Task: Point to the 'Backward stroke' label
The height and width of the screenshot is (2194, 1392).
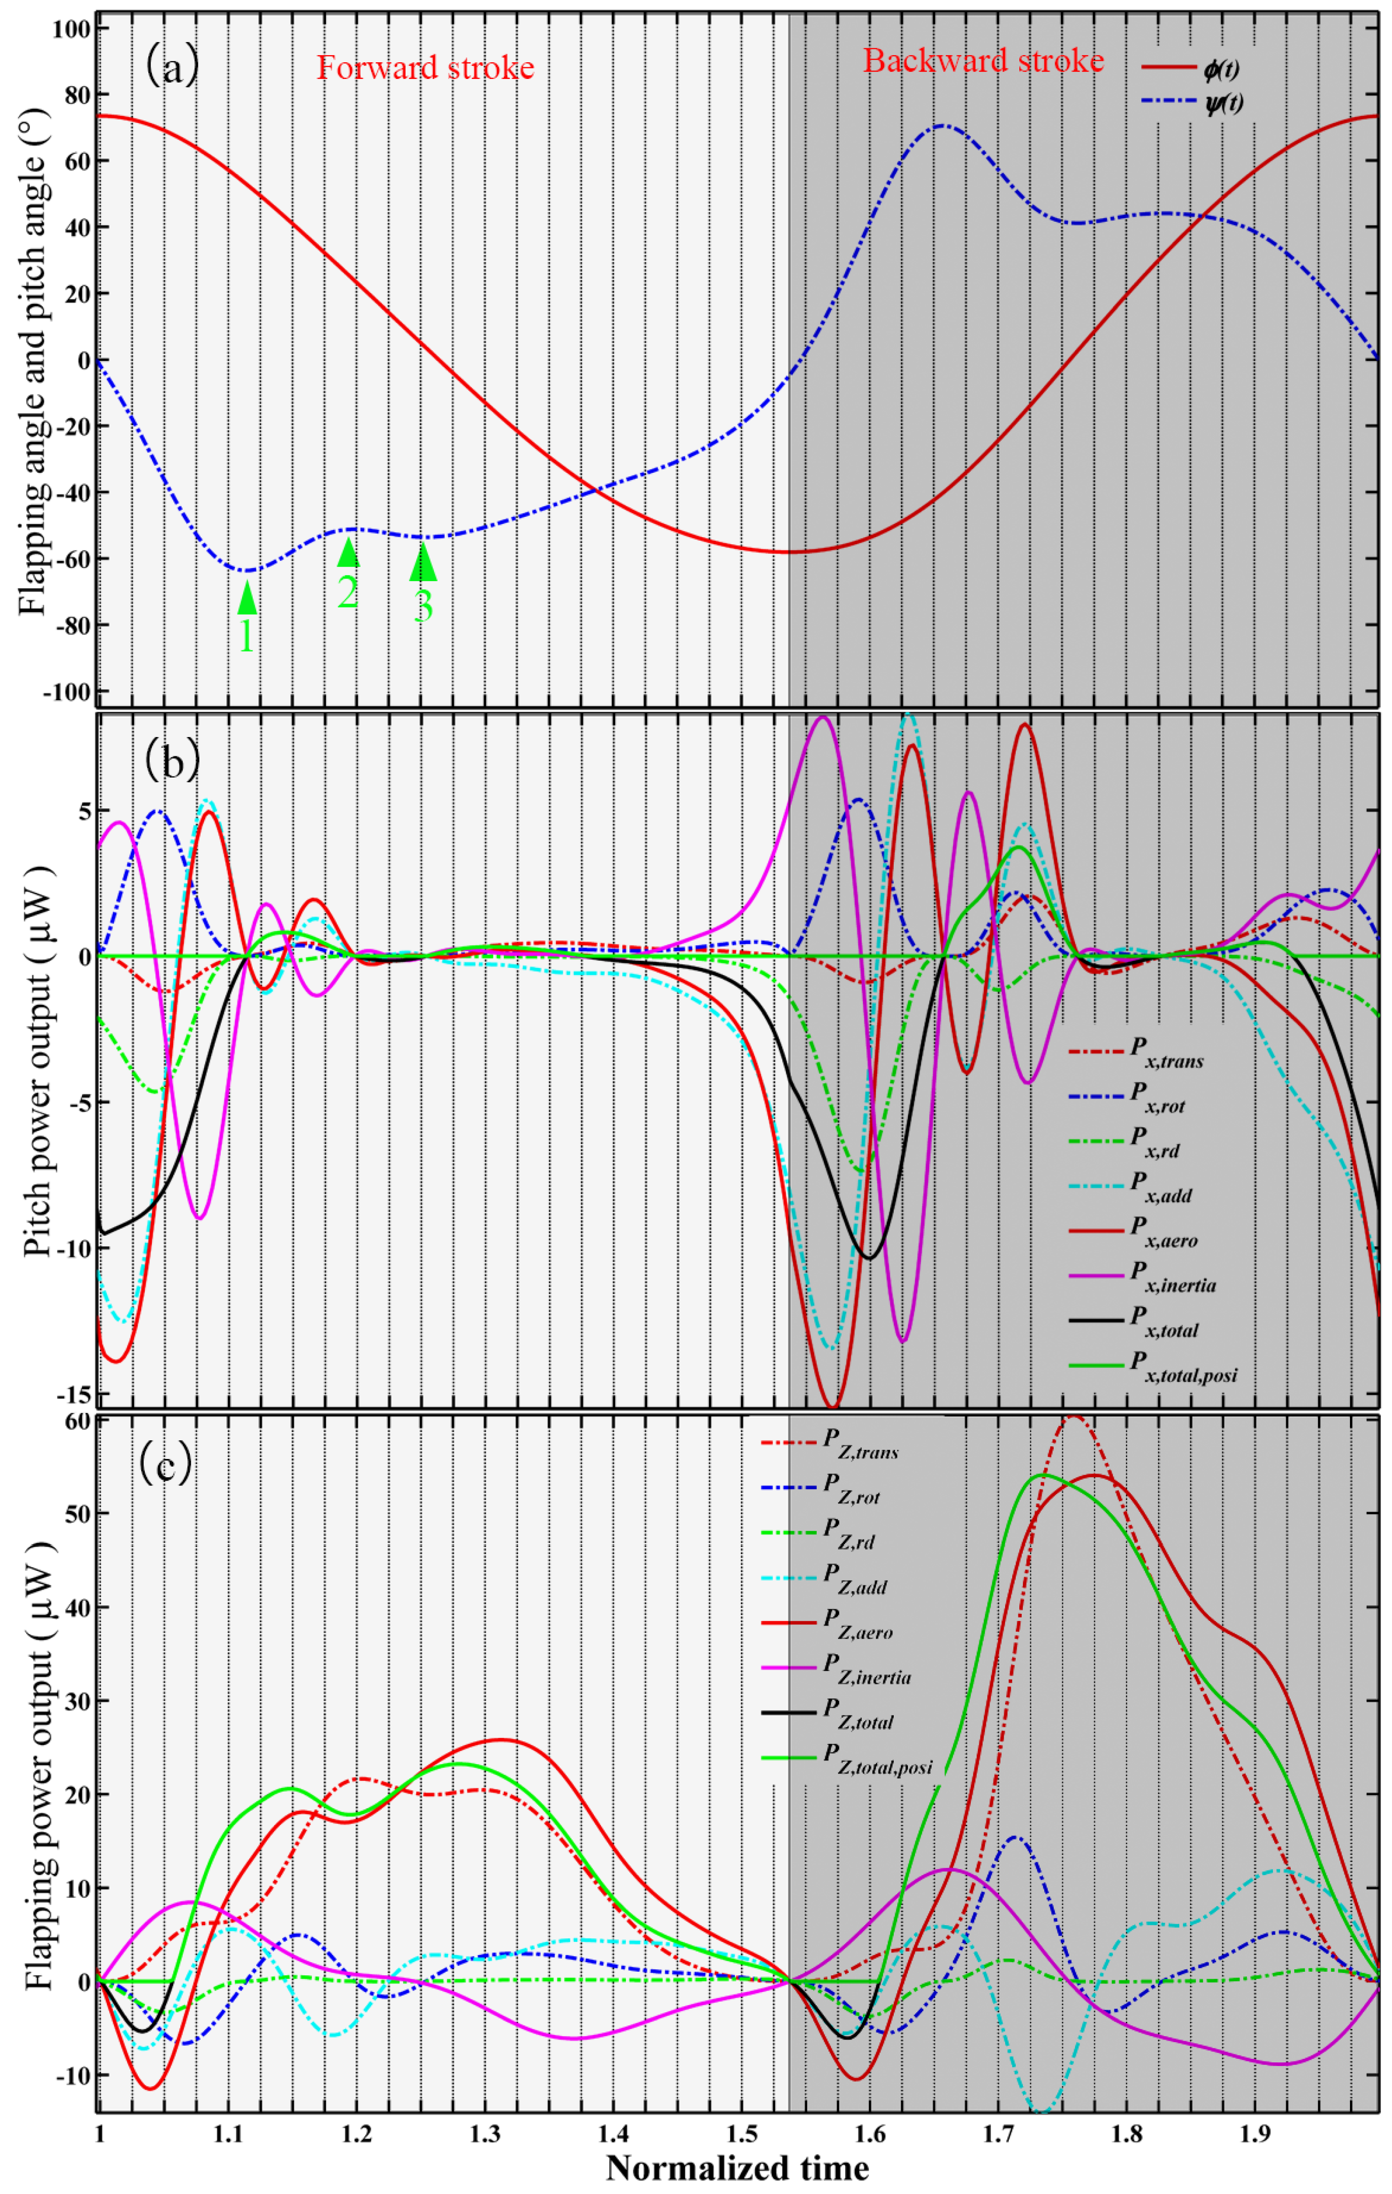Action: click(x=983, y=61)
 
